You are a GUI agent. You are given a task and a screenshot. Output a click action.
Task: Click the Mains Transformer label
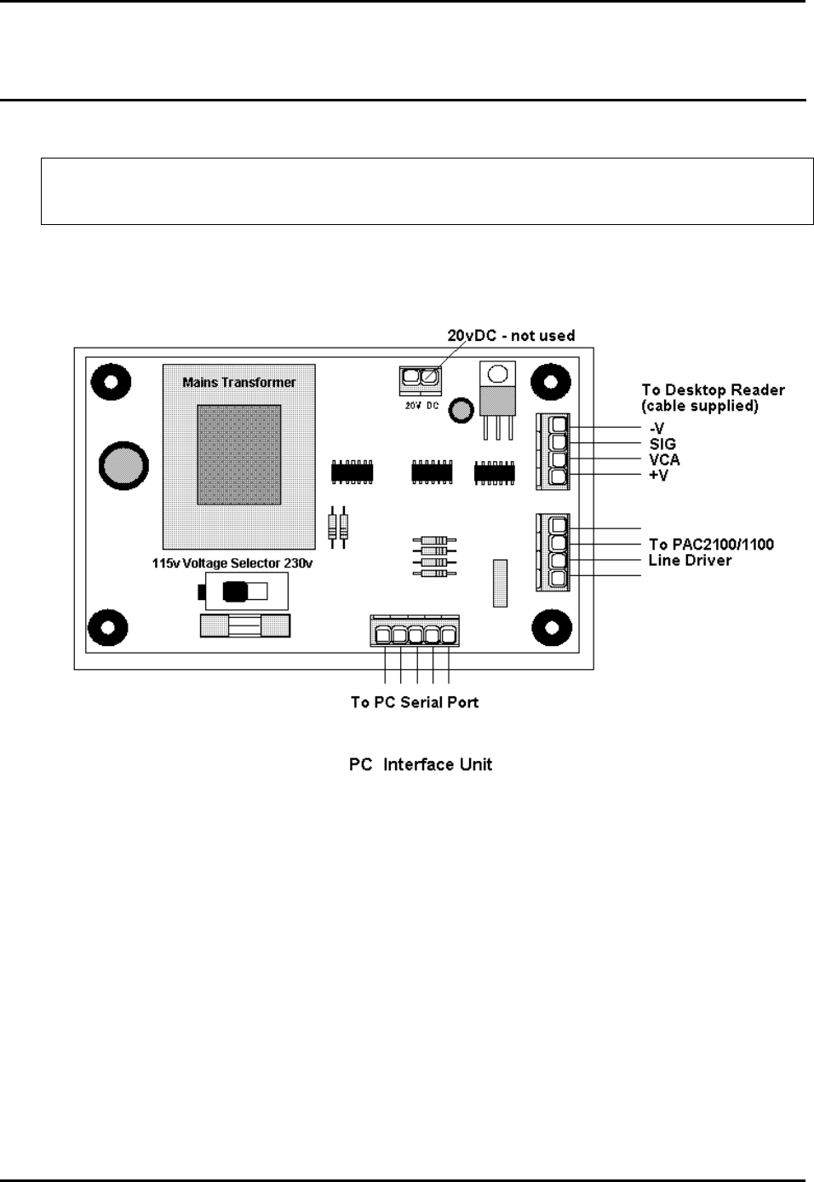click(239, 383)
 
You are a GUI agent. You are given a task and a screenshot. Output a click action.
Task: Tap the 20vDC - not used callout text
click(511, 336)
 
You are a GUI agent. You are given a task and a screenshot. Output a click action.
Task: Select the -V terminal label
click(656, 429)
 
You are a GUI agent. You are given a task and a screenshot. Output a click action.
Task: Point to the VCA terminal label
click(664, 459)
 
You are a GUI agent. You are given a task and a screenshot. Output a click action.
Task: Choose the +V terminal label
click(658, 475)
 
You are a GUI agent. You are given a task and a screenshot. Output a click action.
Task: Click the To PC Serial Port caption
click(415, 702)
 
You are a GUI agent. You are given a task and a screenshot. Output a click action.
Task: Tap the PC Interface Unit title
click(421, 764)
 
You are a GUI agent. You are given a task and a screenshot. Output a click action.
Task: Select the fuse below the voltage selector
click(244, 627)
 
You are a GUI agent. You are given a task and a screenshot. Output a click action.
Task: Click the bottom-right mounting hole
click(551, 628)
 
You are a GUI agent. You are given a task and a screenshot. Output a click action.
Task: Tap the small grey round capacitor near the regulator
click(461, 410)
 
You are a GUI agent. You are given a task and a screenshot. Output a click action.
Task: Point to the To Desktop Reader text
click(713, 390)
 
